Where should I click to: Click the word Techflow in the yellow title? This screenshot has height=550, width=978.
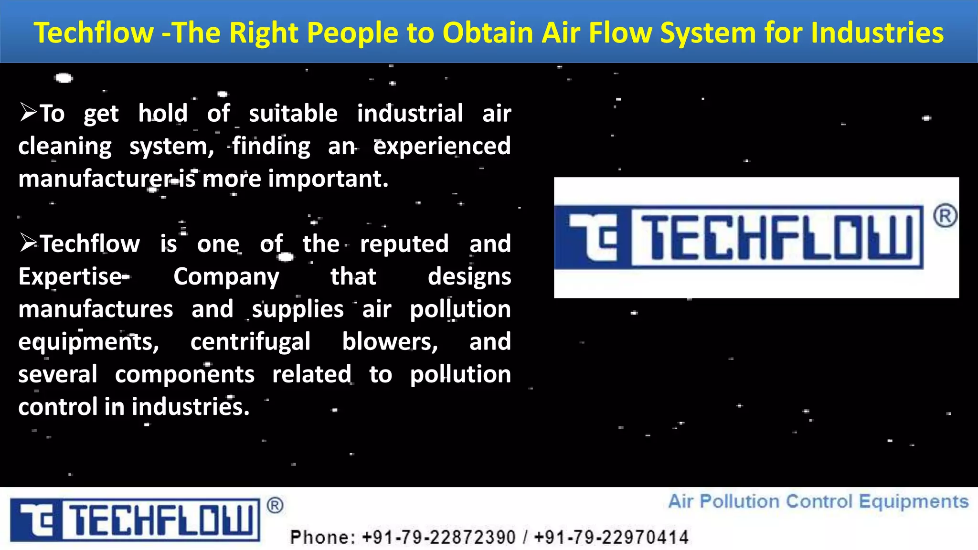click(x=94, y=33)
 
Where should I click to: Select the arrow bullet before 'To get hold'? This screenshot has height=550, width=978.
click(x=28, y=113)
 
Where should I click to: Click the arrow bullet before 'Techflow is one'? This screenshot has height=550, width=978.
click(x=28, y=243)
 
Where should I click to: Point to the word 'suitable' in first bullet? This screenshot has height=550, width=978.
click(x=293, y=114)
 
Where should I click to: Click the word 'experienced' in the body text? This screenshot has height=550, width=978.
click(x=442, y=146)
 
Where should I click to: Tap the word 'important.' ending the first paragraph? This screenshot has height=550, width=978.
click(x=329, y=179)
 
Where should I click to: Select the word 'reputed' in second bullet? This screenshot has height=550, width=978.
click(x=404, y=244)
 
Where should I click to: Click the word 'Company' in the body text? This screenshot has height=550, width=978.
click(x=226, y=277)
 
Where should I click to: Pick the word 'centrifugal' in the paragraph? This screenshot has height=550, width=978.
click(x=251, y=342)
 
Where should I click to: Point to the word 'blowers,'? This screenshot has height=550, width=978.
click(x=390, y=342)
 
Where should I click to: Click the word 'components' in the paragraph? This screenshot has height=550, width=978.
click(x=185, y=374)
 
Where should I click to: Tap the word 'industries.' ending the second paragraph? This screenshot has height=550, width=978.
click(x=191, y=407)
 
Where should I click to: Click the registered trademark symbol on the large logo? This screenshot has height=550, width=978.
click(x=945, y=216)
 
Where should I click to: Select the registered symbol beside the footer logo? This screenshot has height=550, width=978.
click(x=275, y=505)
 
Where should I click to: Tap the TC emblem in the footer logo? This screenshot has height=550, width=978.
click(x=36, y=520)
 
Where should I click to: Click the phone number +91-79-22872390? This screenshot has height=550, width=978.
click(x=439, y=537)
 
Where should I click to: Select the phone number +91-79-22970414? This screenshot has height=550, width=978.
click(x=611, y=537)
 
